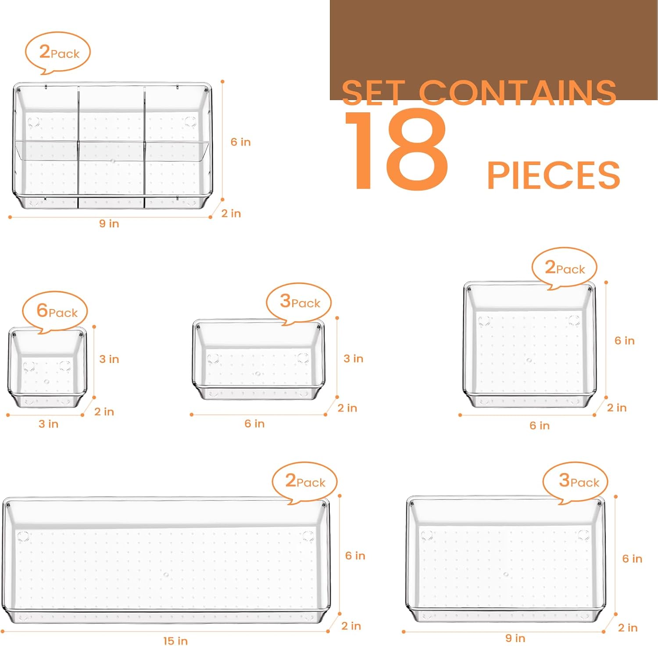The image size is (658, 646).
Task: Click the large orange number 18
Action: (x=396, y=151)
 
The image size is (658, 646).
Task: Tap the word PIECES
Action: (x=554, y=175)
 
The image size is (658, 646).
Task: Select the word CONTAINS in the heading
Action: (x=518, y=93)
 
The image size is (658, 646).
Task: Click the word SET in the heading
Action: (x=374, y=93)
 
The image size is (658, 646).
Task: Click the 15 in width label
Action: (x=175, y=641)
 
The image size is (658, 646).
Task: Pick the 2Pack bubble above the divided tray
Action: (x=58, y=53)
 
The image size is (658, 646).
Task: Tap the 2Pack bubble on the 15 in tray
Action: (x=305, y=482)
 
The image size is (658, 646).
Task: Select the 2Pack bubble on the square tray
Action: (x=565, y=268)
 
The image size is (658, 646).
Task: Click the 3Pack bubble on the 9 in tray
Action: (x=576, y=482)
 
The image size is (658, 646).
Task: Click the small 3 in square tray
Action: (x=47, y=367)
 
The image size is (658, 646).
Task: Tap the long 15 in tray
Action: (x=166, y=560)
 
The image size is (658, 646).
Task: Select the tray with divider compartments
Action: (x=112, y=145)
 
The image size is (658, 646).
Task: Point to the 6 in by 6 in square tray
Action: (x=529, y=345)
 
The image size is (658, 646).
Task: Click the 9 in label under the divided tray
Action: (x=109, y=224)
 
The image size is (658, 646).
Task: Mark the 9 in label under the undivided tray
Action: (x=515, y=638)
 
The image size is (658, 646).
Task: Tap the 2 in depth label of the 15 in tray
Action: (x=351, y=626)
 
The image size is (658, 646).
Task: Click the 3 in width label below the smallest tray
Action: (x=48, y=424)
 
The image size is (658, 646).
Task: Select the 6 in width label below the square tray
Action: (x=540, y=426)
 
